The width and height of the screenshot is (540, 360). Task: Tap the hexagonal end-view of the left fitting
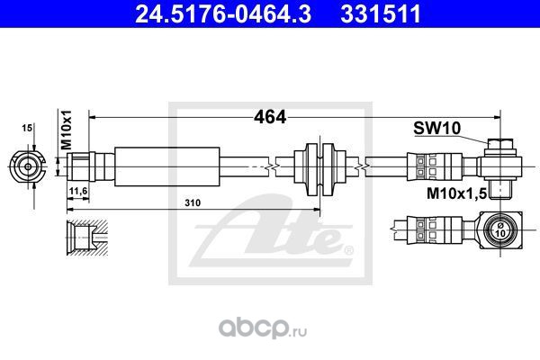[x=27, y=165]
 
